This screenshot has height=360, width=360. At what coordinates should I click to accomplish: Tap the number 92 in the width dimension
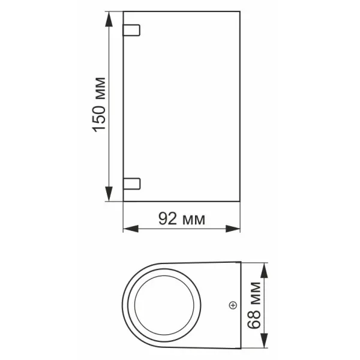(168, 219)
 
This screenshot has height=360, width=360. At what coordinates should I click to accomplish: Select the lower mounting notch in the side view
(131, 183)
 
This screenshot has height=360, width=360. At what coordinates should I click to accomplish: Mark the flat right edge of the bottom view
(241, 306)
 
